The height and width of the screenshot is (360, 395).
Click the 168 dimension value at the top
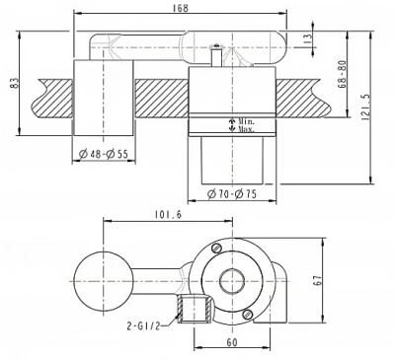180,8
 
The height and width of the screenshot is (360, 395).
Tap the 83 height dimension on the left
14,83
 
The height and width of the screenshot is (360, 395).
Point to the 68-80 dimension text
343,74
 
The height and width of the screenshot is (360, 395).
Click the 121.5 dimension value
365,108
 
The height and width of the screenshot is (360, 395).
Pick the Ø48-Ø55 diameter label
104,154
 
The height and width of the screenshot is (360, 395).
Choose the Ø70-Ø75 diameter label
232,194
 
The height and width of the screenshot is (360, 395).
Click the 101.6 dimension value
168,215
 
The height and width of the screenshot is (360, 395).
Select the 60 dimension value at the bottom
232,342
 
